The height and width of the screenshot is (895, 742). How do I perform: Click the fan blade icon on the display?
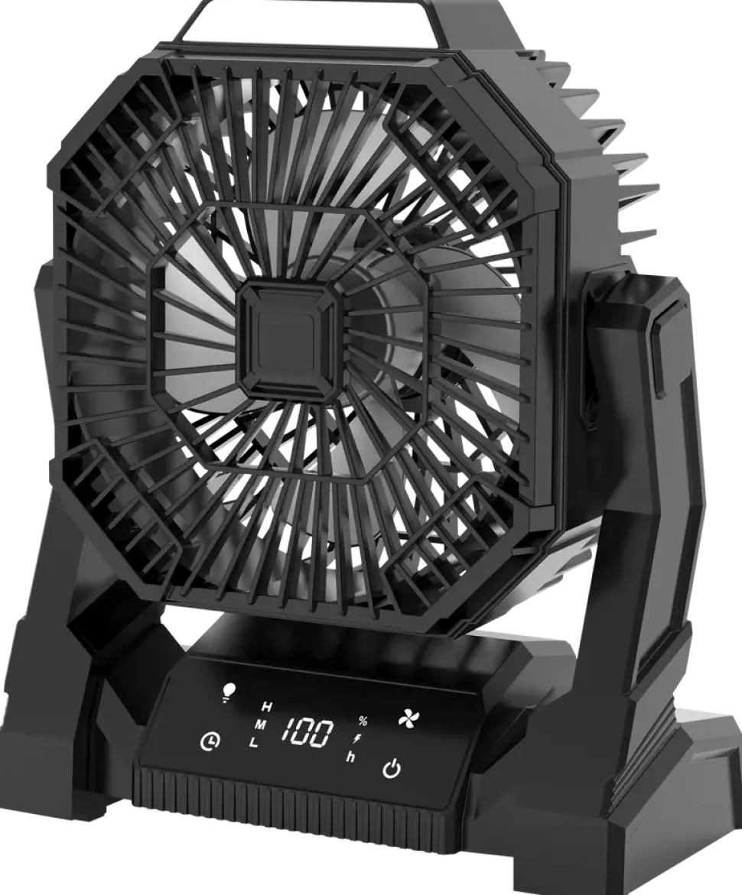tap(407, 718)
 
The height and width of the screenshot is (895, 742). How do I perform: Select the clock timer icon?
tap(210, 741)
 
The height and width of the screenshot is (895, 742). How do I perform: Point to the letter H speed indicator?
tap(267, 707)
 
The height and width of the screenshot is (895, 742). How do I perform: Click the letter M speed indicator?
tap(261, 725)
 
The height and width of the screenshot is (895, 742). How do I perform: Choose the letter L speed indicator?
tap(254, 743)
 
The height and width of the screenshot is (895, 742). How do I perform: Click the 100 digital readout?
tap(308, 733)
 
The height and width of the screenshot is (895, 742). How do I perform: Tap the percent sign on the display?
tap(363, 722)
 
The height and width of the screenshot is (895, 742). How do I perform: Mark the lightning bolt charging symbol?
tap(357, 738)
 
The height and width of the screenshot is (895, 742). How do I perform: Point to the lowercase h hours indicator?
tap(350, 757)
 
